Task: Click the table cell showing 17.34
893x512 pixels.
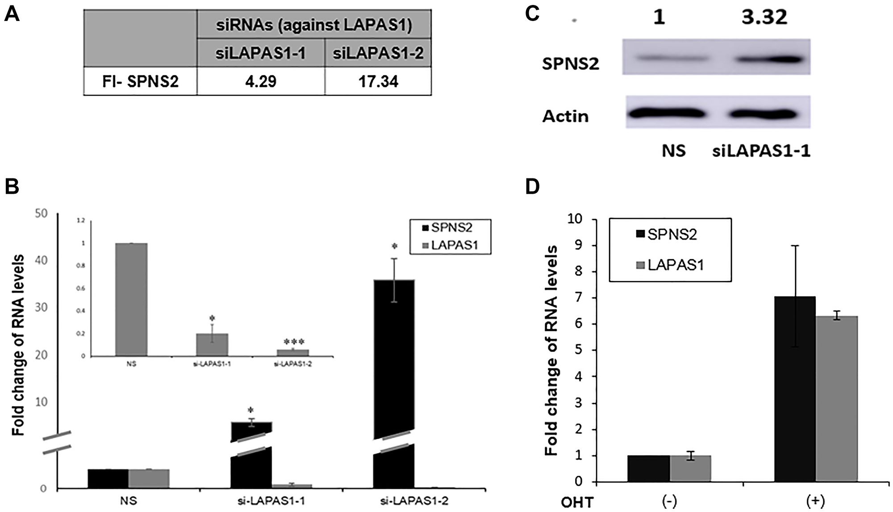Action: click(378, 81)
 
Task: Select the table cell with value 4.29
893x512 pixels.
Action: click(261, 81)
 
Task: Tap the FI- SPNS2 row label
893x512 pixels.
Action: click(140, 81)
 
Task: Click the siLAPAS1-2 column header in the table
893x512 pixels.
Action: click(378, 53)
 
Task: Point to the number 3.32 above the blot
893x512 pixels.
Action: click(764, 17)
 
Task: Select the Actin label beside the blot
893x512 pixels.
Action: click(565, 116)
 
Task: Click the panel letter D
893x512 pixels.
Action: click(533, 186)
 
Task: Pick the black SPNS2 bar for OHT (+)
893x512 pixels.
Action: click(795, 389)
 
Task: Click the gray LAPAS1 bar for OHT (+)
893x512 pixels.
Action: click(836, 398)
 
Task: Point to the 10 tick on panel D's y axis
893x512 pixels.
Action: click(575, 219)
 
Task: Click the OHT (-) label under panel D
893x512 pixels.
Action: click(669, 501)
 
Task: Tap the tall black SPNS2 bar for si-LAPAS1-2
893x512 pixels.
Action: click(393, 358)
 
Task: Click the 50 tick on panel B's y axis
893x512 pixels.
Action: click(41, 213)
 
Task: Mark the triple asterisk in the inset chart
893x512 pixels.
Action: click(294, 342)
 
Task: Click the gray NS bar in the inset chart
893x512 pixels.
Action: click(131, 300)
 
